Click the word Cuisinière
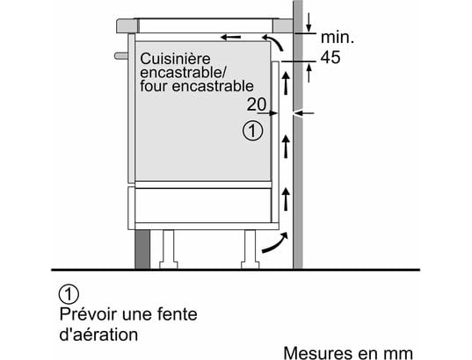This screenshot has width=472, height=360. point(175,59)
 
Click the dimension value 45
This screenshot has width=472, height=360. point(330,57)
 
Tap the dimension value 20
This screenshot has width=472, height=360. point(257,104)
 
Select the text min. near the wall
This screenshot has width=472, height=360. point(338,38)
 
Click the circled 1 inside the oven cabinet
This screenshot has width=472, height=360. point(252,131)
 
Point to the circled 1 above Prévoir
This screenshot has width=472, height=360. point(69,294)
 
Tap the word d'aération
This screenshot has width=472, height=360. point(98,335)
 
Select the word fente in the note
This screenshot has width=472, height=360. point(178,314)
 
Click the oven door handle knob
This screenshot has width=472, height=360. point(121,55)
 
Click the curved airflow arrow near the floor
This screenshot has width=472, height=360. point(275,242)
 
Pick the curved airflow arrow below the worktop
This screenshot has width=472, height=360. point(272,41)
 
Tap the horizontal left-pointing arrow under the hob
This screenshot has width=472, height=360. point(230,37)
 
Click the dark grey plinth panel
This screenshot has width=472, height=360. point(142,249)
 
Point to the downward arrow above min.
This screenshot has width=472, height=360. point(309,22)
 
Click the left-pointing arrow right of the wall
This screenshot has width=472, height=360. point(304,113)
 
